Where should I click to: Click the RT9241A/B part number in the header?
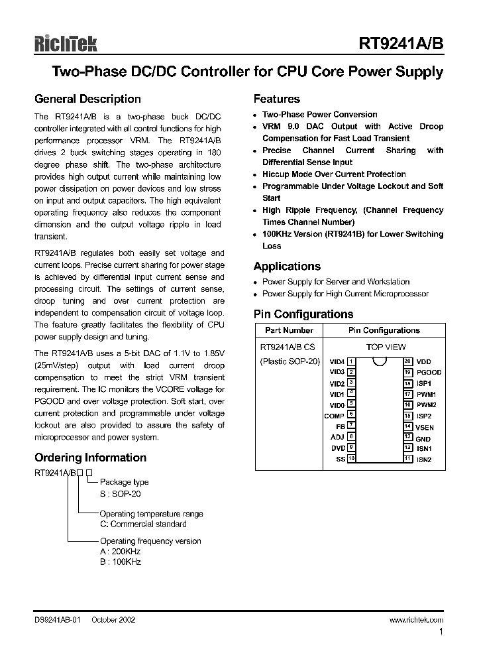point(401,44)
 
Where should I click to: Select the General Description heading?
point(87,99)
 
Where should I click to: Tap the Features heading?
point(277,99)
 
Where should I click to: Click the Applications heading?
point(287,267)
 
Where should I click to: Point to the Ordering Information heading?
point(90,457)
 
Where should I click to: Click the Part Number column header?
point(289,330)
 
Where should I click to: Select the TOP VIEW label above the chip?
point(386,347)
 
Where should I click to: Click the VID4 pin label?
point(337,361)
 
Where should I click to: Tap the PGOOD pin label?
point(429,373)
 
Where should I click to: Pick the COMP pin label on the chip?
point(334,416)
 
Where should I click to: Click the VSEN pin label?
point(425,427)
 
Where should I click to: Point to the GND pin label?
point(423,438)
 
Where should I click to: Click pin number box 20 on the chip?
point(408,361)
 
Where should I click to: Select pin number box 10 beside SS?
point(351,459)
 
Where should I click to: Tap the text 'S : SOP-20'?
point(120,494)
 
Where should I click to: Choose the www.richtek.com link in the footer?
point(416,619)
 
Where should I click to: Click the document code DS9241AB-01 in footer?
point(57,619)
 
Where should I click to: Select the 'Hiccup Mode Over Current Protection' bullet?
point(334,174)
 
